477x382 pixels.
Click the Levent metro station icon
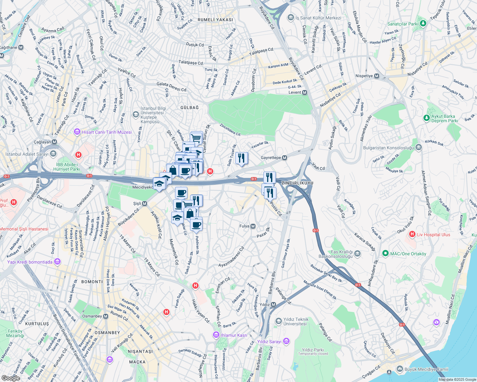305,93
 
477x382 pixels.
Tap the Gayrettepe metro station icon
285,158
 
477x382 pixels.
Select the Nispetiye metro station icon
377,76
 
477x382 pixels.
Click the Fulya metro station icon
253,226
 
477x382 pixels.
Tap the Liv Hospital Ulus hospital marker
412,234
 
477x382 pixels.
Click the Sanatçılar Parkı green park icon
423,23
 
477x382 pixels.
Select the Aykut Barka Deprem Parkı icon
426,118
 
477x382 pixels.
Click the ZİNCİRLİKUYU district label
297,183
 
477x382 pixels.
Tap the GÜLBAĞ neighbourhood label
189,108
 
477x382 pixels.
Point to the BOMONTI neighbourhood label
92,282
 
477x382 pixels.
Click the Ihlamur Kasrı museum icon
216,335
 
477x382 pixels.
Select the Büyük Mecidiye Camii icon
400,369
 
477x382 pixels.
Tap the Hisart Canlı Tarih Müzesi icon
77,132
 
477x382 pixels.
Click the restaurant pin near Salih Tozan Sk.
241,158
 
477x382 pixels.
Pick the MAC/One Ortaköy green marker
385,254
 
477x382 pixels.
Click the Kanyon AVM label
278,66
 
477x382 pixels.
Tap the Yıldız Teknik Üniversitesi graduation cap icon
278,320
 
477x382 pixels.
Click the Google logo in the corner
11,378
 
